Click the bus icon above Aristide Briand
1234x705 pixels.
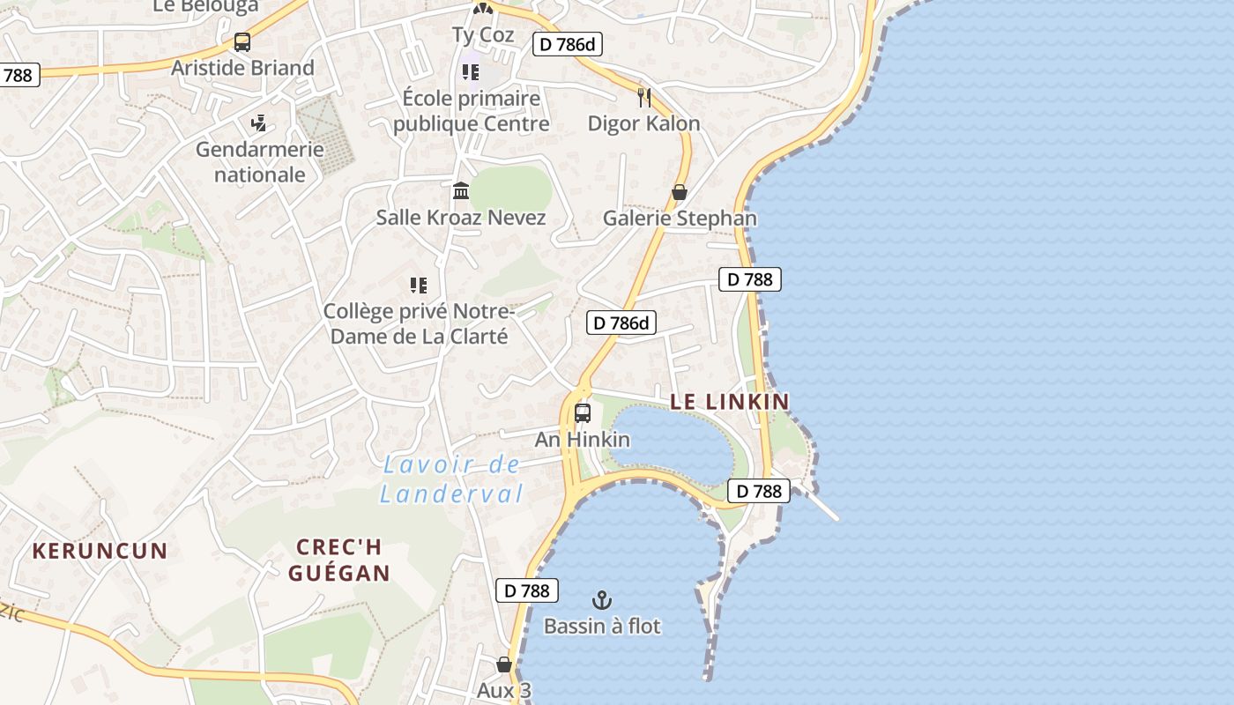pyautogui.click(x=242, y=41)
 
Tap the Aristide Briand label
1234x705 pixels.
pyautogui.click(x=242, y=68)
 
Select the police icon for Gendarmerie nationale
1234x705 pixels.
pyautogui.click(x=258, y=123)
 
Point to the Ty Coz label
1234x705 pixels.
pyautogui.click(x=482, y=34)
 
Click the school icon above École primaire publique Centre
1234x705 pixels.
pyautogui.click(x=471, y=71)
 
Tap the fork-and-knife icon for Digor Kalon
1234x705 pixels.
pyautogui.click(x=644, y=97)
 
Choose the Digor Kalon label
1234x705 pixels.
pyautogui.click(x=643, y=123)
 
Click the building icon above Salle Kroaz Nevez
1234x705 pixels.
pyautogui.click(x=461, y=190)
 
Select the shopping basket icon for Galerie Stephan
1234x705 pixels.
pyautogui.click(x=680, y=191)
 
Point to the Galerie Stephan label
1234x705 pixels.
pyautogui.click(x=680, y=218)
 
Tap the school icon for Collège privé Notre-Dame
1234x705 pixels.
pyautogui.click(x=418, y=285)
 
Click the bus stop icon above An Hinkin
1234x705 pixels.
pyautogui.click(x=583, y=412)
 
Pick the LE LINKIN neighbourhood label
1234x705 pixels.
pyautogui.click(x=730, y=402)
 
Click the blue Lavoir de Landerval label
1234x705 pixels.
pyautogui.click(x=451, y=479)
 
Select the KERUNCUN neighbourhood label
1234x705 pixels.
pyautogui.click(x=100, y=552)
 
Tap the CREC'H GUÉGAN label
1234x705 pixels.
pyautogui.click(x=339, y=560)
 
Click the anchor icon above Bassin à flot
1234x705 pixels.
pyautogui.click(x=602, y=600)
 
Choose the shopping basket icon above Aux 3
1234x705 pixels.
pyautogui.click(x=504, y=664)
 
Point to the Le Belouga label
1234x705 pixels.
pyautogui.click(x=205, y=6)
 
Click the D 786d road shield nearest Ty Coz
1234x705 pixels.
pyautogui.click(x=567, y=43)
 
